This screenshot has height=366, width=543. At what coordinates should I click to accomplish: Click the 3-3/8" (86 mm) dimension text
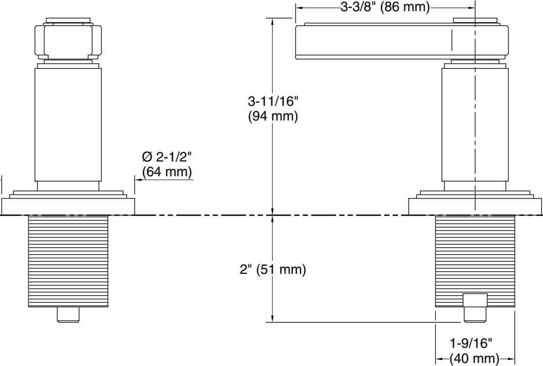[385, 8]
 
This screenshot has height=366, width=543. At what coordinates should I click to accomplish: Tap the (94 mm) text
[273, 116]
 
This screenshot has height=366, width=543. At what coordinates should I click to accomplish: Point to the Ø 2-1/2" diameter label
[166, 156]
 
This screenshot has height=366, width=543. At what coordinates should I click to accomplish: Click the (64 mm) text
[167, 172]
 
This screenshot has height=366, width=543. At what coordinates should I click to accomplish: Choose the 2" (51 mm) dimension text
[273, 269]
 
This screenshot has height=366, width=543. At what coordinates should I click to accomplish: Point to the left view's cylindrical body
[68, 124]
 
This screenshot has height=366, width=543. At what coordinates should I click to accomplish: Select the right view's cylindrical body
[475, 124]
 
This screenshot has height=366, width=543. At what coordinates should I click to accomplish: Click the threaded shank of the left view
[68, 261]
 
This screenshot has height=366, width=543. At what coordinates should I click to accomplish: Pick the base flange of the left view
[68, 206]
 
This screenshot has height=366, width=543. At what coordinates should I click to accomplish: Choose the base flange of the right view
[475, 206]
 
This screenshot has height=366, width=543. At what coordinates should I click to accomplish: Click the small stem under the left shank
[68, 314]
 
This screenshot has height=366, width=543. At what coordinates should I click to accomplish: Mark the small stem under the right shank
[475, 309]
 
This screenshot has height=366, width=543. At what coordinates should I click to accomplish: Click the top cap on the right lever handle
[475, 20]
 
